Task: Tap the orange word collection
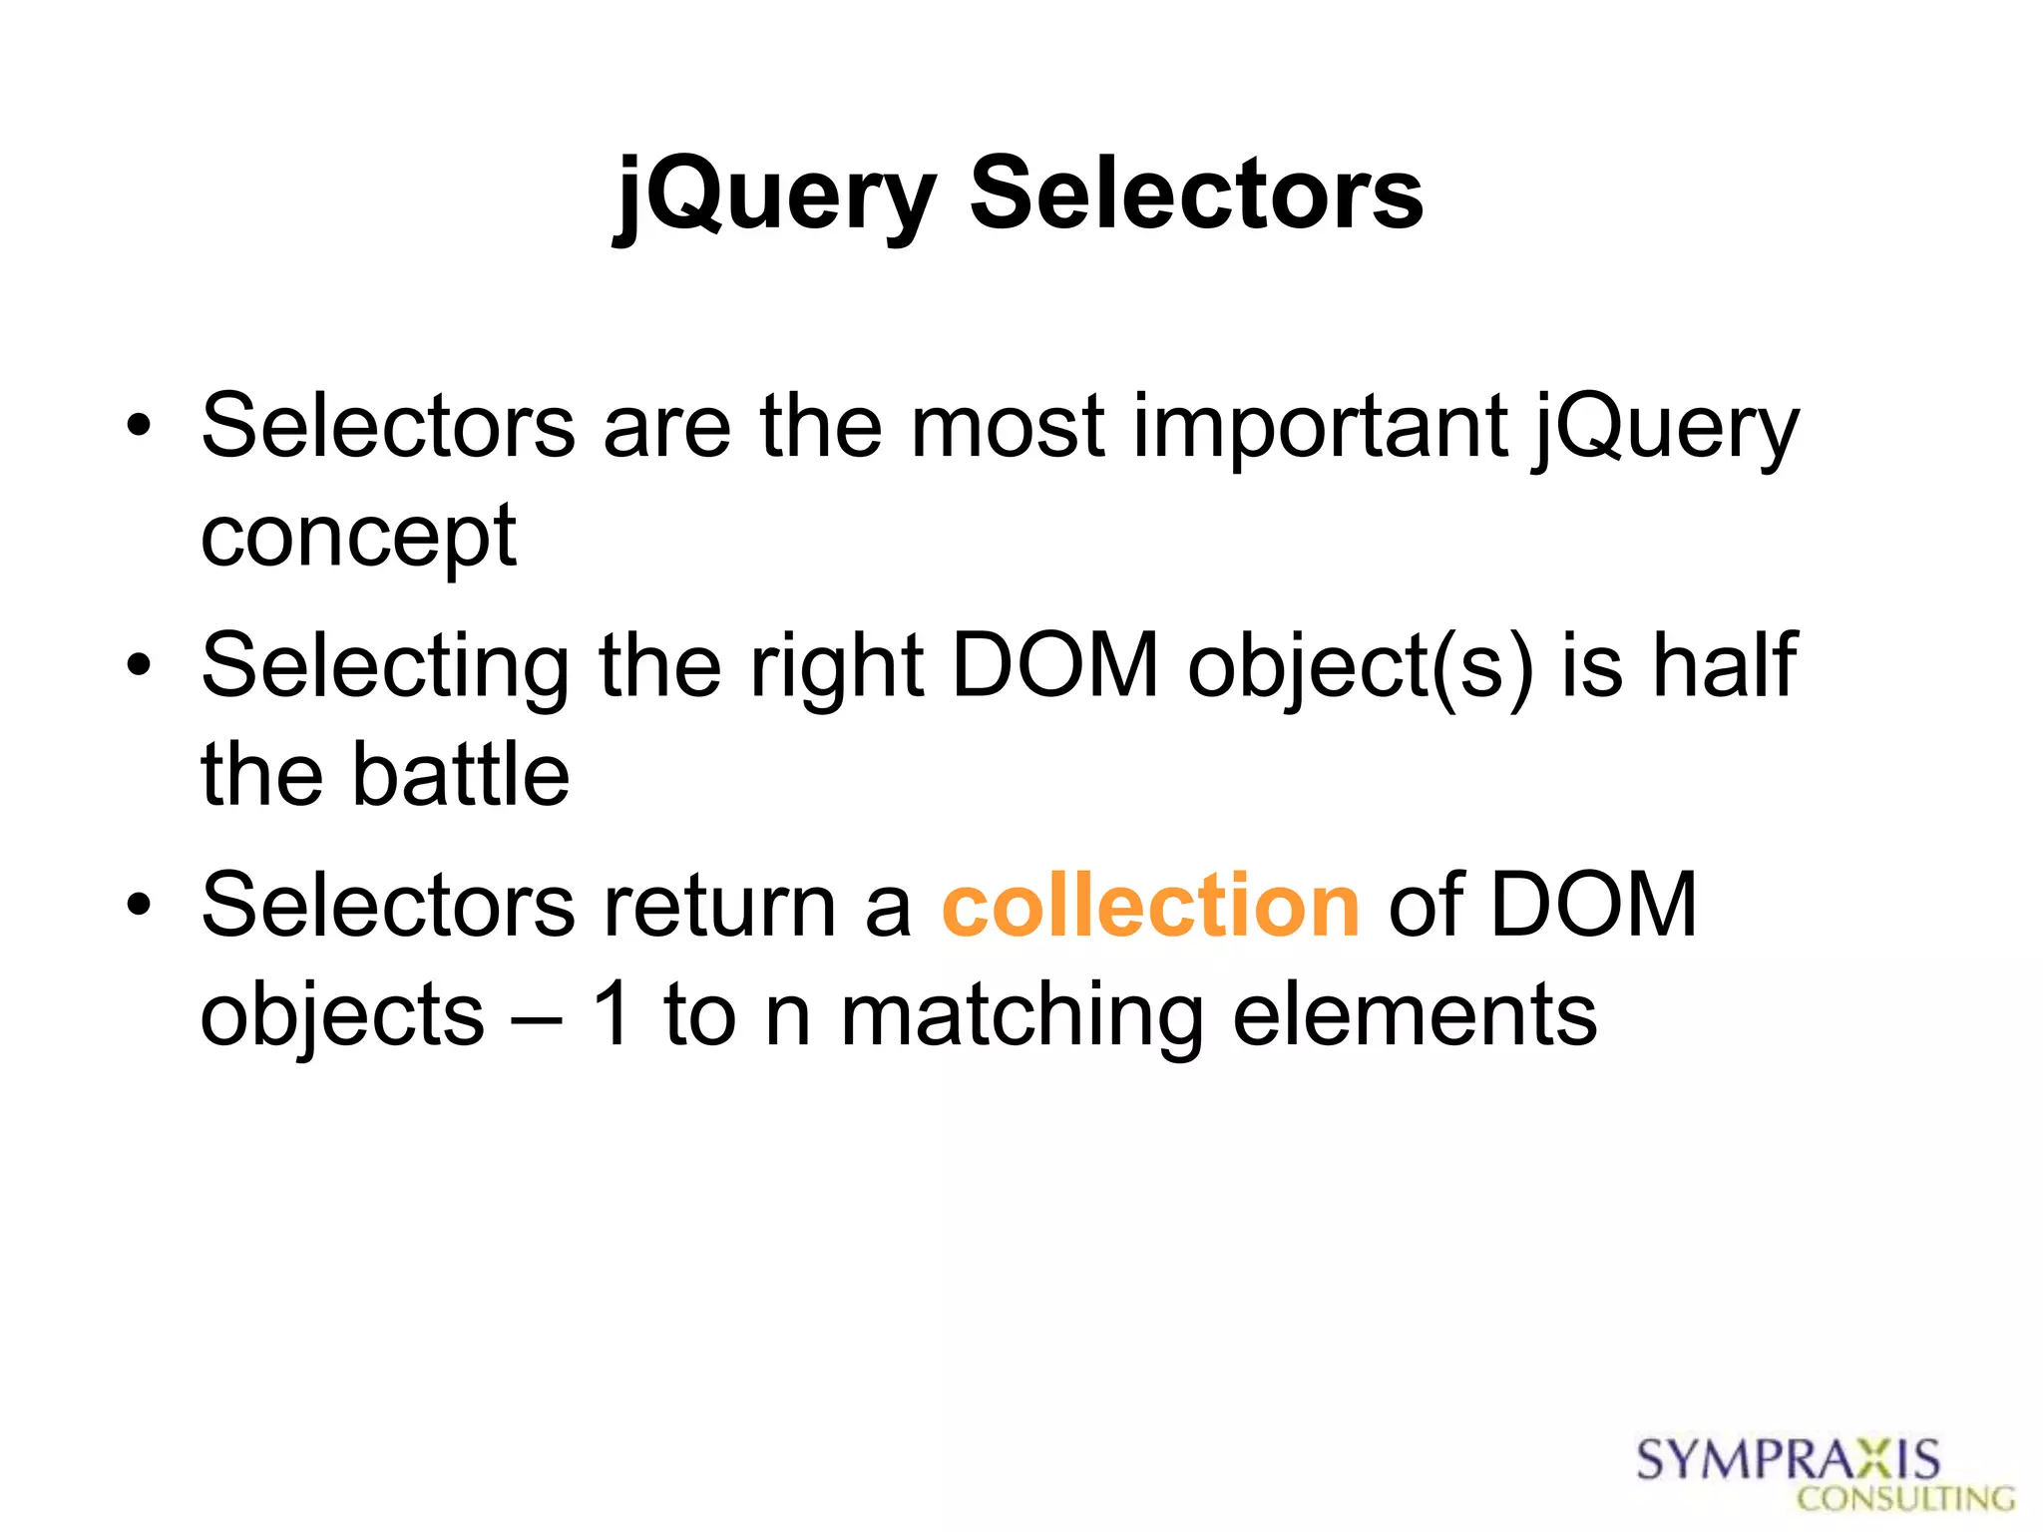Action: (1150, 906)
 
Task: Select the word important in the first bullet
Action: (1320, 427)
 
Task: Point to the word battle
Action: (460, 775)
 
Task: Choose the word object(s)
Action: (1360, 667)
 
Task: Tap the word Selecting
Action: (385, 667)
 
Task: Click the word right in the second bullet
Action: (836, 667)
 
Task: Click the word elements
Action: (1415, 1014)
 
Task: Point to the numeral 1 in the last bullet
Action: (612, 1014)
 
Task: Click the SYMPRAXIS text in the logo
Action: (1788, 1460)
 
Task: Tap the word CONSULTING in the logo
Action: (1905, 1498)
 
